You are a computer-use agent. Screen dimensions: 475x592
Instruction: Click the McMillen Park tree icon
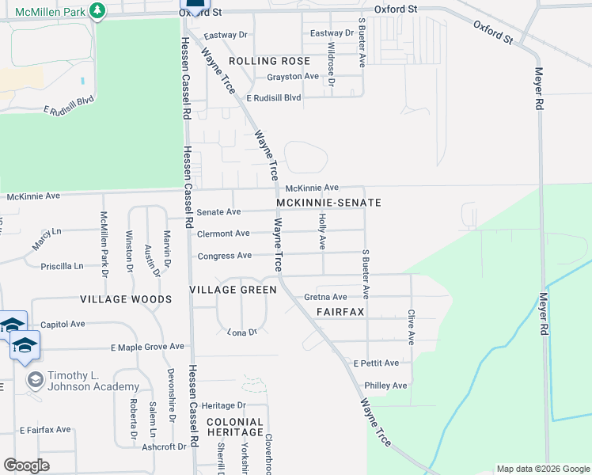(x=97, y=10)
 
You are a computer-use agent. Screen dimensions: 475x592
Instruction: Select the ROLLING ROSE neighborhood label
(x=269, y=61)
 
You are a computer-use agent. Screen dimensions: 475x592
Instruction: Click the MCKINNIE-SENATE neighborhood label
(x=329, y=203)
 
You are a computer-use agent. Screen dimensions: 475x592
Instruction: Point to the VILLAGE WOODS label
(x=126, y=300)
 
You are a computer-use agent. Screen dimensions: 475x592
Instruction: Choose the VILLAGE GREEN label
(x=233, y=291)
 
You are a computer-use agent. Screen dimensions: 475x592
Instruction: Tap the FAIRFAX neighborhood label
(x=340, y=312)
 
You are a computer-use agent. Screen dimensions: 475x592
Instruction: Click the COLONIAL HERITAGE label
(x=234, y=427)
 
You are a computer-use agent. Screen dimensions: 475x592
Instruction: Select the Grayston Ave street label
(x=292, y=77)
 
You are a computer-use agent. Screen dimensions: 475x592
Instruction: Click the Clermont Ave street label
(x=223, y=234)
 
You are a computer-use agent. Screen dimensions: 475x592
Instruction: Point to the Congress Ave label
(x=224, y=256)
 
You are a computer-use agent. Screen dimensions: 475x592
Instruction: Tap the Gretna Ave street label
(x=325, y=298)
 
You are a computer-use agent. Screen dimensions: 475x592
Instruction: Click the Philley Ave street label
(x=385, y=386)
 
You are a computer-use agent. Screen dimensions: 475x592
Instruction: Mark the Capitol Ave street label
(x=63, y=324)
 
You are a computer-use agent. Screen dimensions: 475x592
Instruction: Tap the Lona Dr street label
(x=242, y=332)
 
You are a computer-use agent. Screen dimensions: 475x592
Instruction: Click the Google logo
(x=26, y=465)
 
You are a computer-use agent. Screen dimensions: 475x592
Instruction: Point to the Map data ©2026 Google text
(x=542, y=469)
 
